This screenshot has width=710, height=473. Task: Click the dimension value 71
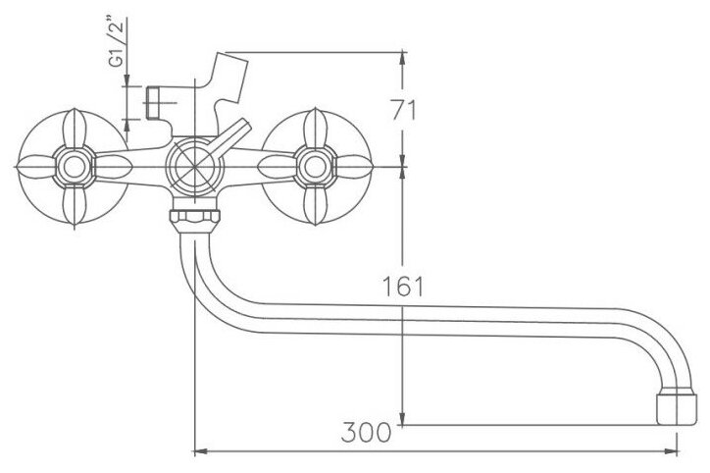coord(403,109)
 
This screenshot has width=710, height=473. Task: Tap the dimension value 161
coord(402,286)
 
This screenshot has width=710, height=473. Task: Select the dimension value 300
coord(366,432)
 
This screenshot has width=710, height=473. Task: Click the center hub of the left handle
coord(74,167)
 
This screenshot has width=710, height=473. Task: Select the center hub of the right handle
coord(315,167)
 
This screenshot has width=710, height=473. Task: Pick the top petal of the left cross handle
coord(75,129)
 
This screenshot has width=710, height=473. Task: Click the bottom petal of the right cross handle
coord(316,205)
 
